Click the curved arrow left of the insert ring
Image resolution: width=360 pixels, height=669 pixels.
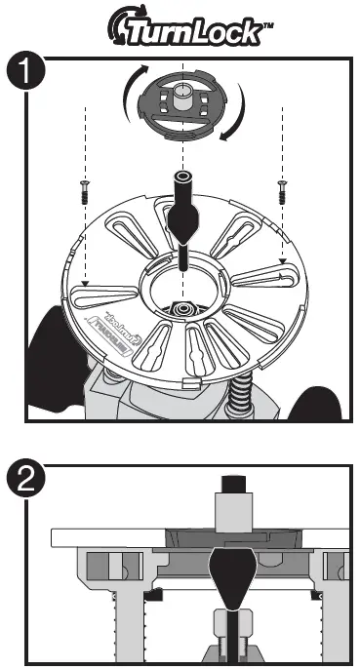pos(127,98)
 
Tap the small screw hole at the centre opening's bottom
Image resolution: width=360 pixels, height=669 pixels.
pos(182,308)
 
